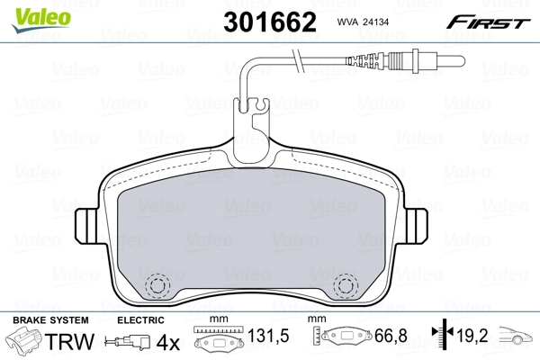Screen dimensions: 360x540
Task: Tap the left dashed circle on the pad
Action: [159, 285]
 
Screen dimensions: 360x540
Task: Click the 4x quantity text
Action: [169, 343]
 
